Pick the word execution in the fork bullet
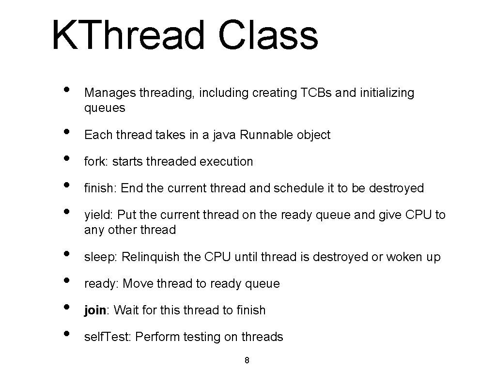coord(226,162)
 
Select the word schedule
coord(296,188)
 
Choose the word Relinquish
coord(151,257)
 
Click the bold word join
coord(95,310)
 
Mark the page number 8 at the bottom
coord(247,360)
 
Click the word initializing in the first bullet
coord(387,93)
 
